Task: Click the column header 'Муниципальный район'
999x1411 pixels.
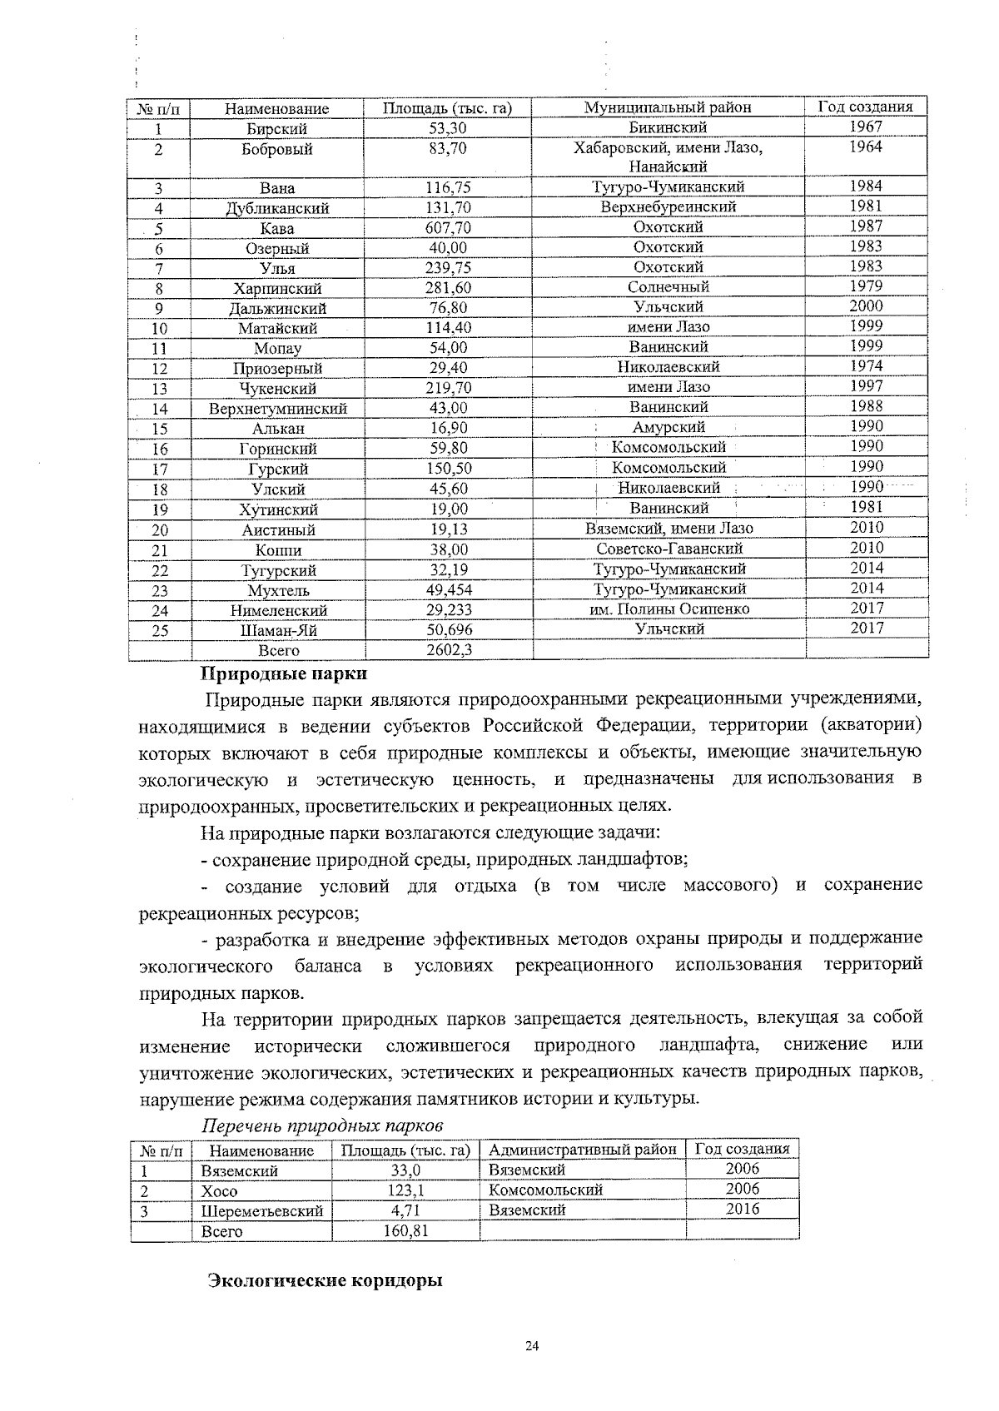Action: point(667,107)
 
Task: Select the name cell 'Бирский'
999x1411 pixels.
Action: point(277,129)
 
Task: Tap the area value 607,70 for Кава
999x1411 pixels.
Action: point(447,228)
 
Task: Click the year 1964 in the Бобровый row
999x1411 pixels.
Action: point(866,147)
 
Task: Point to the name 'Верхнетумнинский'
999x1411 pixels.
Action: point(277,409)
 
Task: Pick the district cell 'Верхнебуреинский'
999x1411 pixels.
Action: point(668,207)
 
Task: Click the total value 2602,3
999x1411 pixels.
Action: point(450,650)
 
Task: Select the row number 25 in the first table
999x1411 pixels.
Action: point(159,630)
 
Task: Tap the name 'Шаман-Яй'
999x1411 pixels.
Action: point(277,630)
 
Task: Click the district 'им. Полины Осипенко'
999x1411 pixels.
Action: point(668,609)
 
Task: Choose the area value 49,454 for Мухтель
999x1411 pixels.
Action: point(449,590)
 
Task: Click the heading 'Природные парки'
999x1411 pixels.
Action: point(284,672)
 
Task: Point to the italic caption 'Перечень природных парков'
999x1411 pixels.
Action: point(323,1125)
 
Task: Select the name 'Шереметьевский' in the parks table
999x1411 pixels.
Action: point(261,1211)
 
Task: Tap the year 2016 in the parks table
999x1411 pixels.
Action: point(742,1209)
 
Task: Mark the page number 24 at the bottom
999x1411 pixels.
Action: point(533,1346)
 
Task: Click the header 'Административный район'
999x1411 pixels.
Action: point(583,1150)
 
